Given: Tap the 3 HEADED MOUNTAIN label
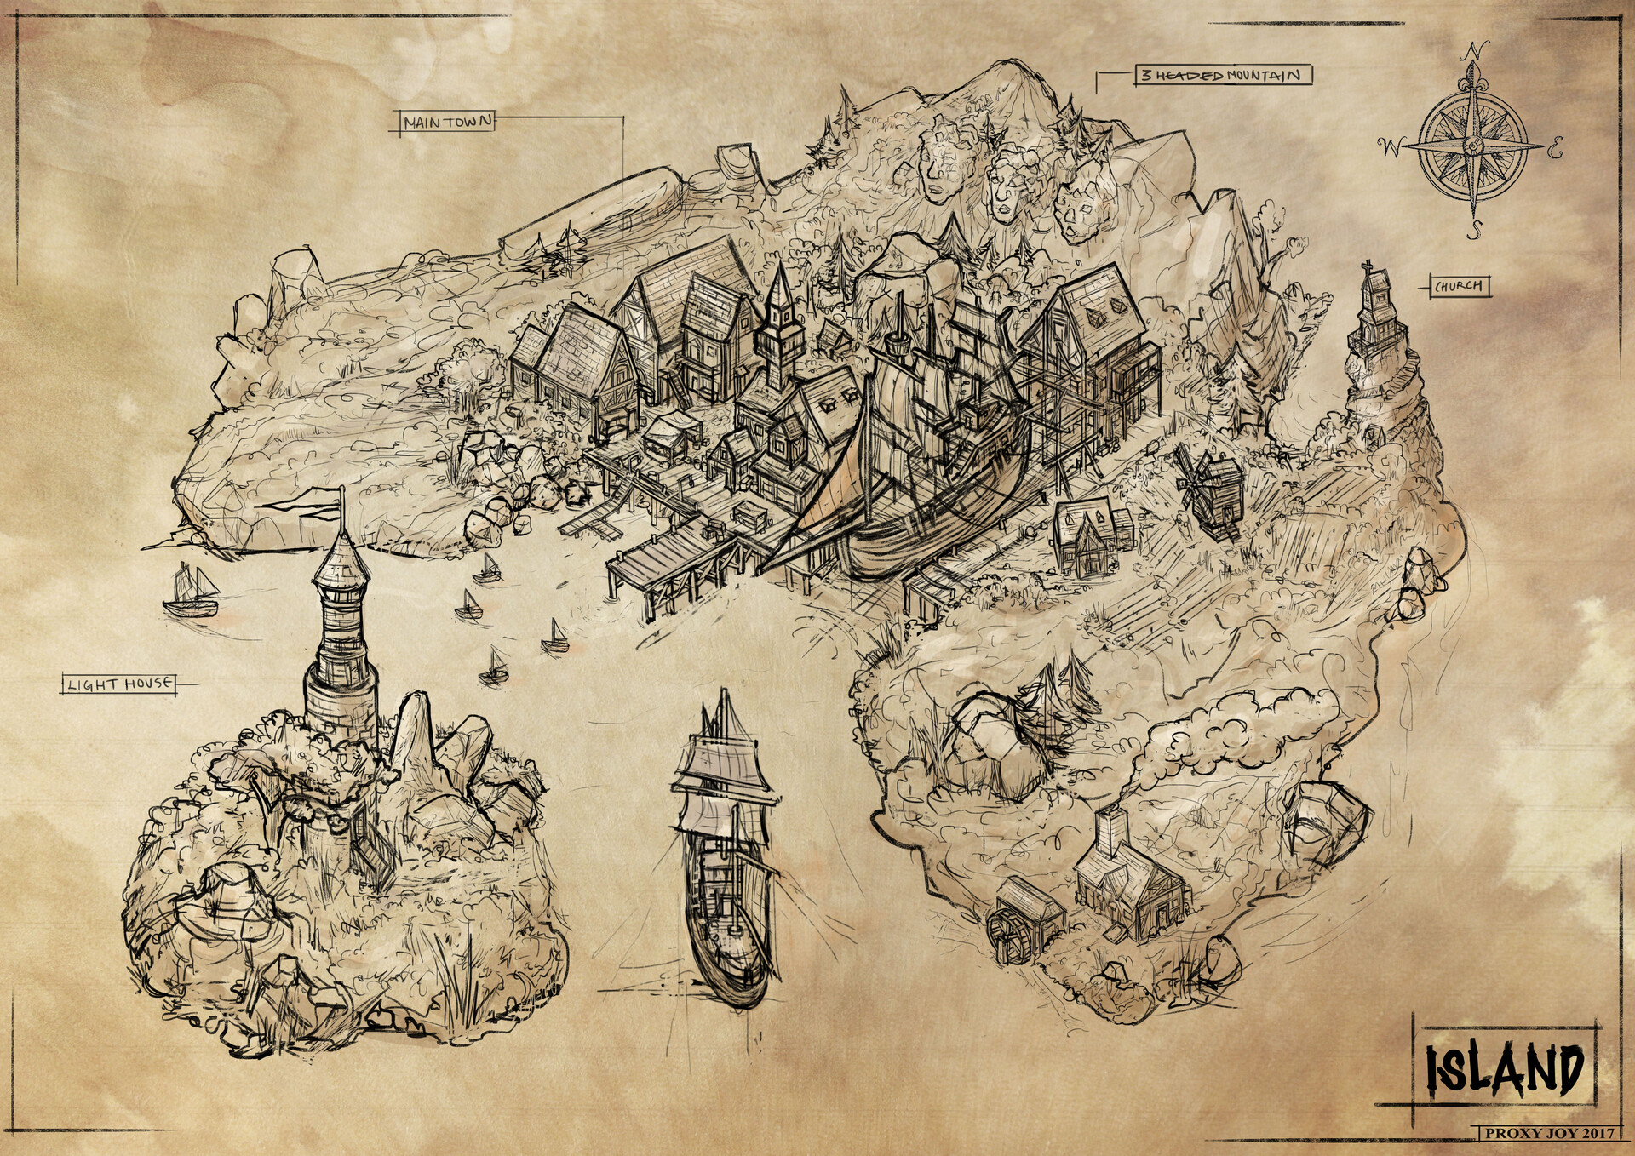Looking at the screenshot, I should tap(1223, 76).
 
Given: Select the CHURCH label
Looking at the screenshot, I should tap(1459, 287).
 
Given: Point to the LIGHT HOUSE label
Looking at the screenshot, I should tap(119, 684).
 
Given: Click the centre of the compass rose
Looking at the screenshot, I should tap(1472, 145).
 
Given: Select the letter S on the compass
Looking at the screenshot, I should tap(1477, 229).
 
